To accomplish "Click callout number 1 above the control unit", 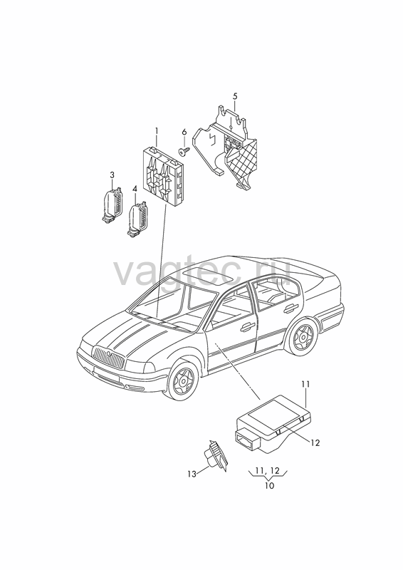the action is point(157,131).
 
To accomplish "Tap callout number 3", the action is point(112,175).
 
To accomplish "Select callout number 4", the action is point(135,189).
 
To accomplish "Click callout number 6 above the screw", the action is point(184,133).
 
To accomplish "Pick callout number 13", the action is point(192,474).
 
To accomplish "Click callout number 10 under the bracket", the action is point(270,486).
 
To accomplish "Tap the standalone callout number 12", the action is point(315,442).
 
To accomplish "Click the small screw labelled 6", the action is point(183,151).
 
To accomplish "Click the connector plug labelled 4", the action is point(135,219).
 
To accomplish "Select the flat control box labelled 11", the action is point(273,423).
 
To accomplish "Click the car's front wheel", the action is point(183,379).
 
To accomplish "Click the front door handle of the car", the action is point(248,326).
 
